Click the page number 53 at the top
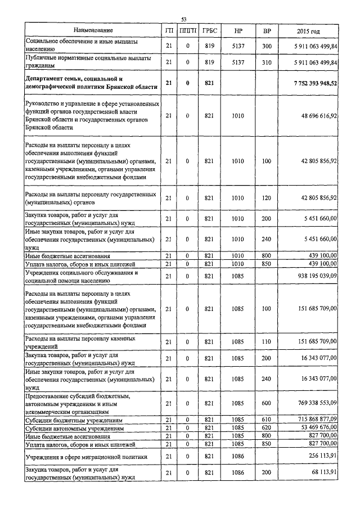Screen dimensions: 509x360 (184, 20)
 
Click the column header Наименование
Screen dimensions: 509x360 (93, 30)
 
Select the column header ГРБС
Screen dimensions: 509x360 (210, 30)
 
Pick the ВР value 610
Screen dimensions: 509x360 (267, 420)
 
